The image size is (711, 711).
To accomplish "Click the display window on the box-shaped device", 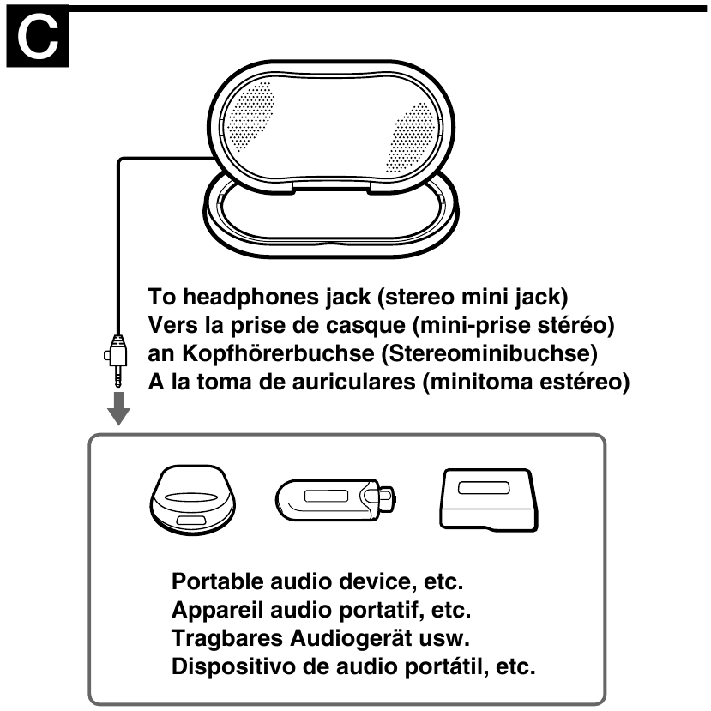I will point(485,489).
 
